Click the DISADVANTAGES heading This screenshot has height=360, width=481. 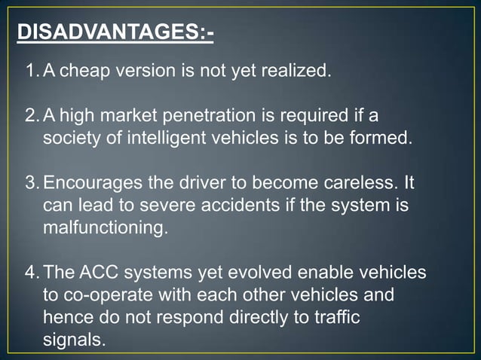pos(114,33)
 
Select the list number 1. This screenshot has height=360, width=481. pos(31,72)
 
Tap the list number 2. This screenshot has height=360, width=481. pos(31,117)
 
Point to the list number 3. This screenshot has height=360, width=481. pos(31,184)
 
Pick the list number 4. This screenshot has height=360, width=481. pos(31,272)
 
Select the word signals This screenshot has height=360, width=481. pos(74,339)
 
